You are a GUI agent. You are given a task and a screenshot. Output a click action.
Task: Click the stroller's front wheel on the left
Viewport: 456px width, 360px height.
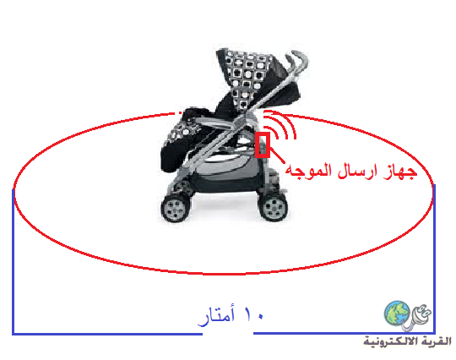(176, 208)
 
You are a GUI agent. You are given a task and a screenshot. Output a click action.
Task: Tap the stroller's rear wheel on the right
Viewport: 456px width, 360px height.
(273, 206)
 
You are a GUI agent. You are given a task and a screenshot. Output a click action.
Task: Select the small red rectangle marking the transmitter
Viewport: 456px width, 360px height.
(263, 145)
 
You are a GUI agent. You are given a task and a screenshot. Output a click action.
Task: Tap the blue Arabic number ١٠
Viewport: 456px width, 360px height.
(253, 314)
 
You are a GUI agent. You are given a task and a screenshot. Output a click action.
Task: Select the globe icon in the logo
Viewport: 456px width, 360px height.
(397, 314)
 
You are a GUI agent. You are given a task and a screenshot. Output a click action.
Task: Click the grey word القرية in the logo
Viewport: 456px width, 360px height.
(439, 341)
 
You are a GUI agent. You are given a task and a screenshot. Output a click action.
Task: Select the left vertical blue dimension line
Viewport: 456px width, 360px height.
(13, 261)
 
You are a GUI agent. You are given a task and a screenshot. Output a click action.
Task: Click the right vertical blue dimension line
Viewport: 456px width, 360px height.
(434, 259)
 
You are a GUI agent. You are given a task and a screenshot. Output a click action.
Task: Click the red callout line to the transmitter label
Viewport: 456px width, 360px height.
(277, 155)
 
